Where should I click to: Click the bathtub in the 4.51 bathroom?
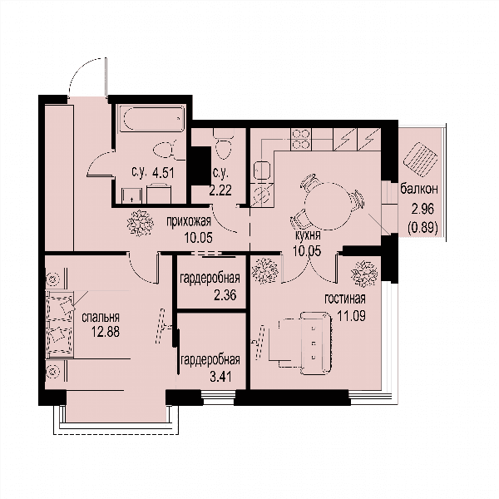152,118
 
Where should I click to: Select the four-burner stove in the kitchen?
301,140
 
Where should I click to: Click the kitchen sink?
262,171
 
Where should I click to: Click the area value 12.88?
106,332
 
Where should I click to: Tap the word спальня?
101,318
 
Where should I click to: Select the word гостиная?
345,299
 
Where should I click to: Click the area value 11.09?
351,316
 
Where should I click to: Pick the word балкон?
419,189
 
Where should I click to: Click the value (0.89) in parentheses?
423,227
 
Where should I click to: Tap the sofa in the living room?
316,343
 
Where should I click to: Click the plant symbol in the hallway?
141,223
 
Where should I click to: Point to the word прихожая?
189,221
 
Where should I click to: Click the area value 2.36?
225,295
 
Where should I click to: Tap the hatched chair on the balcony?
420,160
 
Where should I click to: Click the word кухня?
308,236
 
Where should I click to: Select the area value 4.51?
163,174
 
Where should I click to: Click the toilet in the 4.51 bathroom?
165,150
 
